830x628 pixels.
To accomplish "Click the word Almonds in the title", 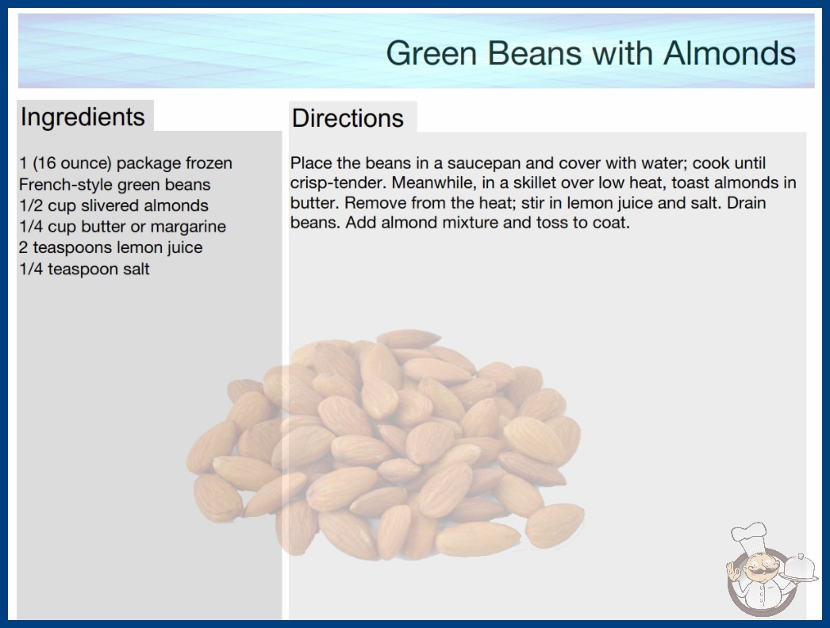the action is [x=729, y=53].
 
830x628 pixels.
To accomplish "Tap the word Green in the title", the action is [x=432, y=53].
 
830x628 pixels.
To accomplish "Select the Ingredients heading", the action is [x=83, y=117].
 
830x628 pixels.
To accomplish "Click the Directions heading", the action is [x=348, y=118].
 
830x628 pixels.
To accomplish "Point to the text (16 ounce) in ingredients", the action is [x=72, y=163].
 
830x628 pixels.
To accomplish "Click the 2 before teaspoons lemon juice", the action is [x=23, y=247].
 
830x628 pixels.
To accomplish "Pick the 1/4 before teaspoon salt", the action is [x=31, y=269].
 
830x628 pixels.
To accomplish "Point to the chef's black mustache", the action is [x=758, y=572].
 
